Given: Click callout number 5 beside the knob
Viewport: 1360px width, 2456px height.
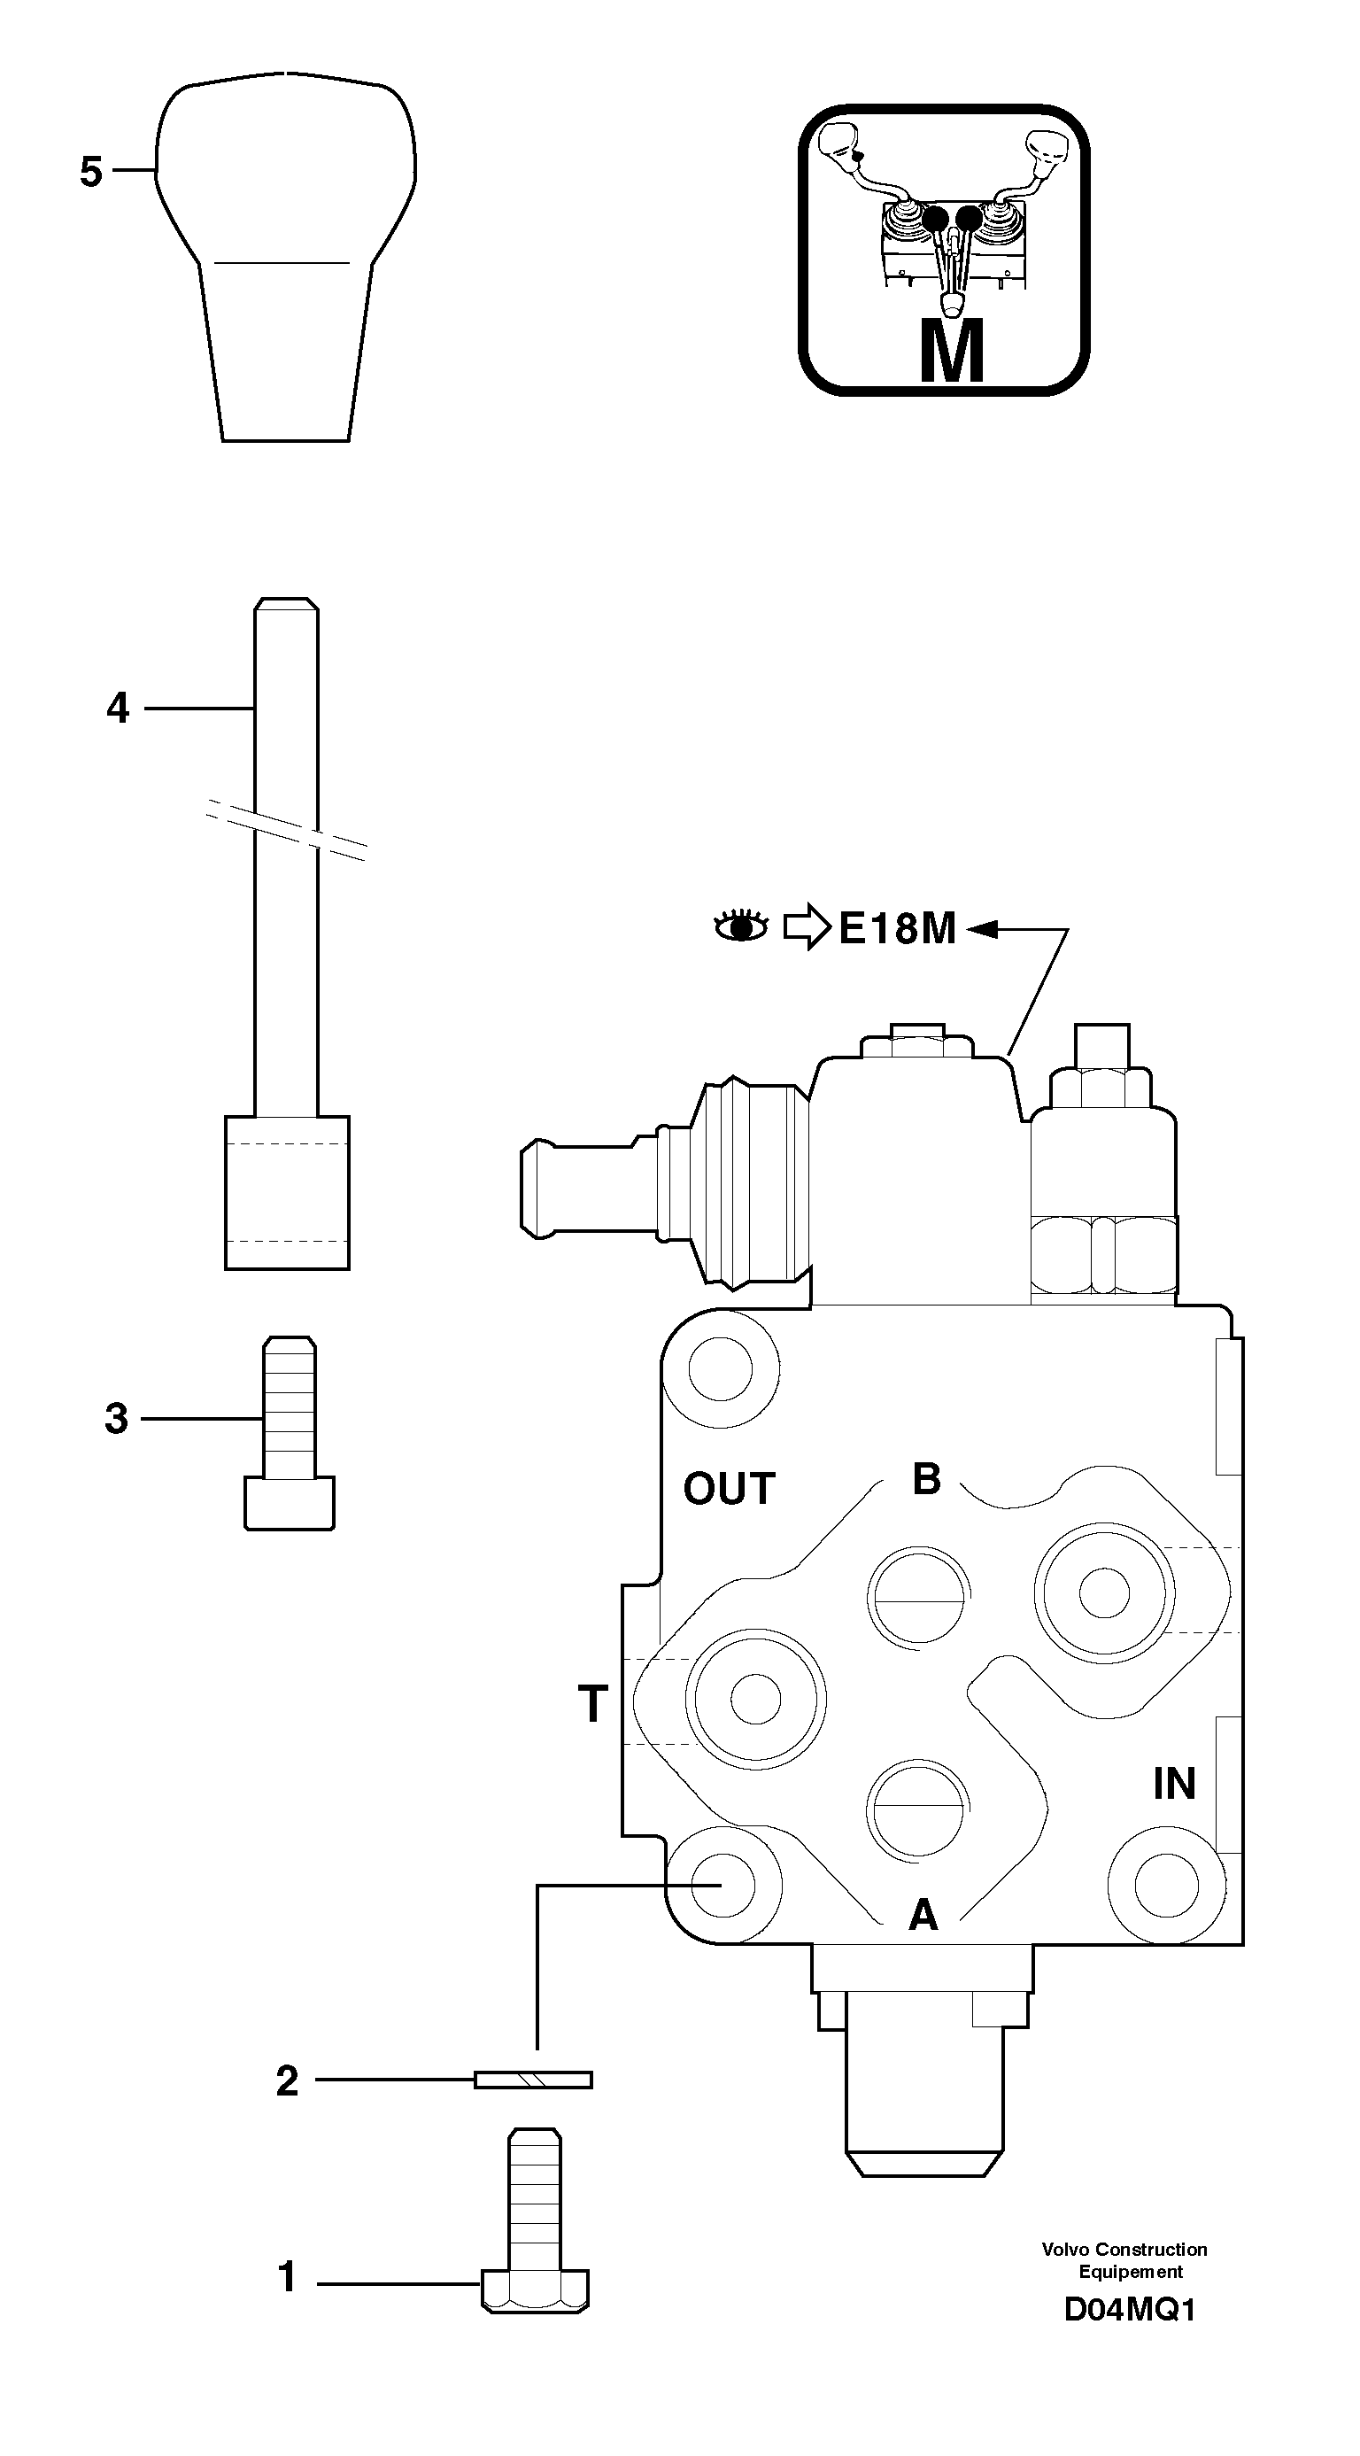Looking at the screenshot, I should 90,173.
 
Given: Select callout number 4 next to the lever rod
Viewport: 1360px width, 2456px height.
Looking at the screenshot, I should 117,709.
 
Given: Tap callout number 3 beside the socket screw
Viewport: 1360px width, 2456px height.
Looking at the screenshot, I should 116,1419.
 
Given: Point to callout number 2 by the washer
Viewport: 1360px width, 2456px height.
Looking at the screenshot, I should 287,2080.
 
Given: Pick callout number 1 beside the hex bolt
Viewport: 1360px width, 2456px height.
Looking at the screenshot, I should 287,2278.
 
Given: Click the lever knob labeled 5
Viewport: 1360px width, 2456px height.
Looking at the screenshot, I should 286,258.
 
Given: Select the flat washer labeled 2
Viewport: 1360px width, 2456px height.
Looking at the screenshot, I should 534,2080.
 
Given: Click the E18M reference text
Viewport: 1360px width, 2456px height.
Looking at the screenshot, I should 897,928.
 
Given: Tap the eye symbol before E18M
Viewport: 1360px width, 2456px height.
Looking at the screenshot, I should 741,926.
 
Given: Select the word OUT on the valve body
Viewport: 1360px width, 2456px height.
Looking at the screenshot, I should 729,1489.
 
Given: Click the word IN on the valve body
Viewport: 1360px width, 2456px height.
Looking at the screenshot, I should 1173,1785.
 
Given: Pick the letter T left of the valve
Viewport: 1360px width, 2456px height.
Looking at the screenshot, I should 593,1704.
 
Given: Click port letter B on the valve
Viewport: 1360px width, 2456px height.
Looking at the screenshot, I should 926,1480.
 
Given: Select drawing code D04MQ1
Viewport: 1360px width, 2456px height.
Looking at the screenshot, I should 1130,2311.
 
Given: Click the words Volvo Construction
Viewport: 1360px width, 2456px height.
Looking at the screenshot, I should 1124,2250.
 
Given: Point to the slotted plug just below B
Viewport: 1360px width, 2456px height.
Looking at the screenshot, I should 918,1594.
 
